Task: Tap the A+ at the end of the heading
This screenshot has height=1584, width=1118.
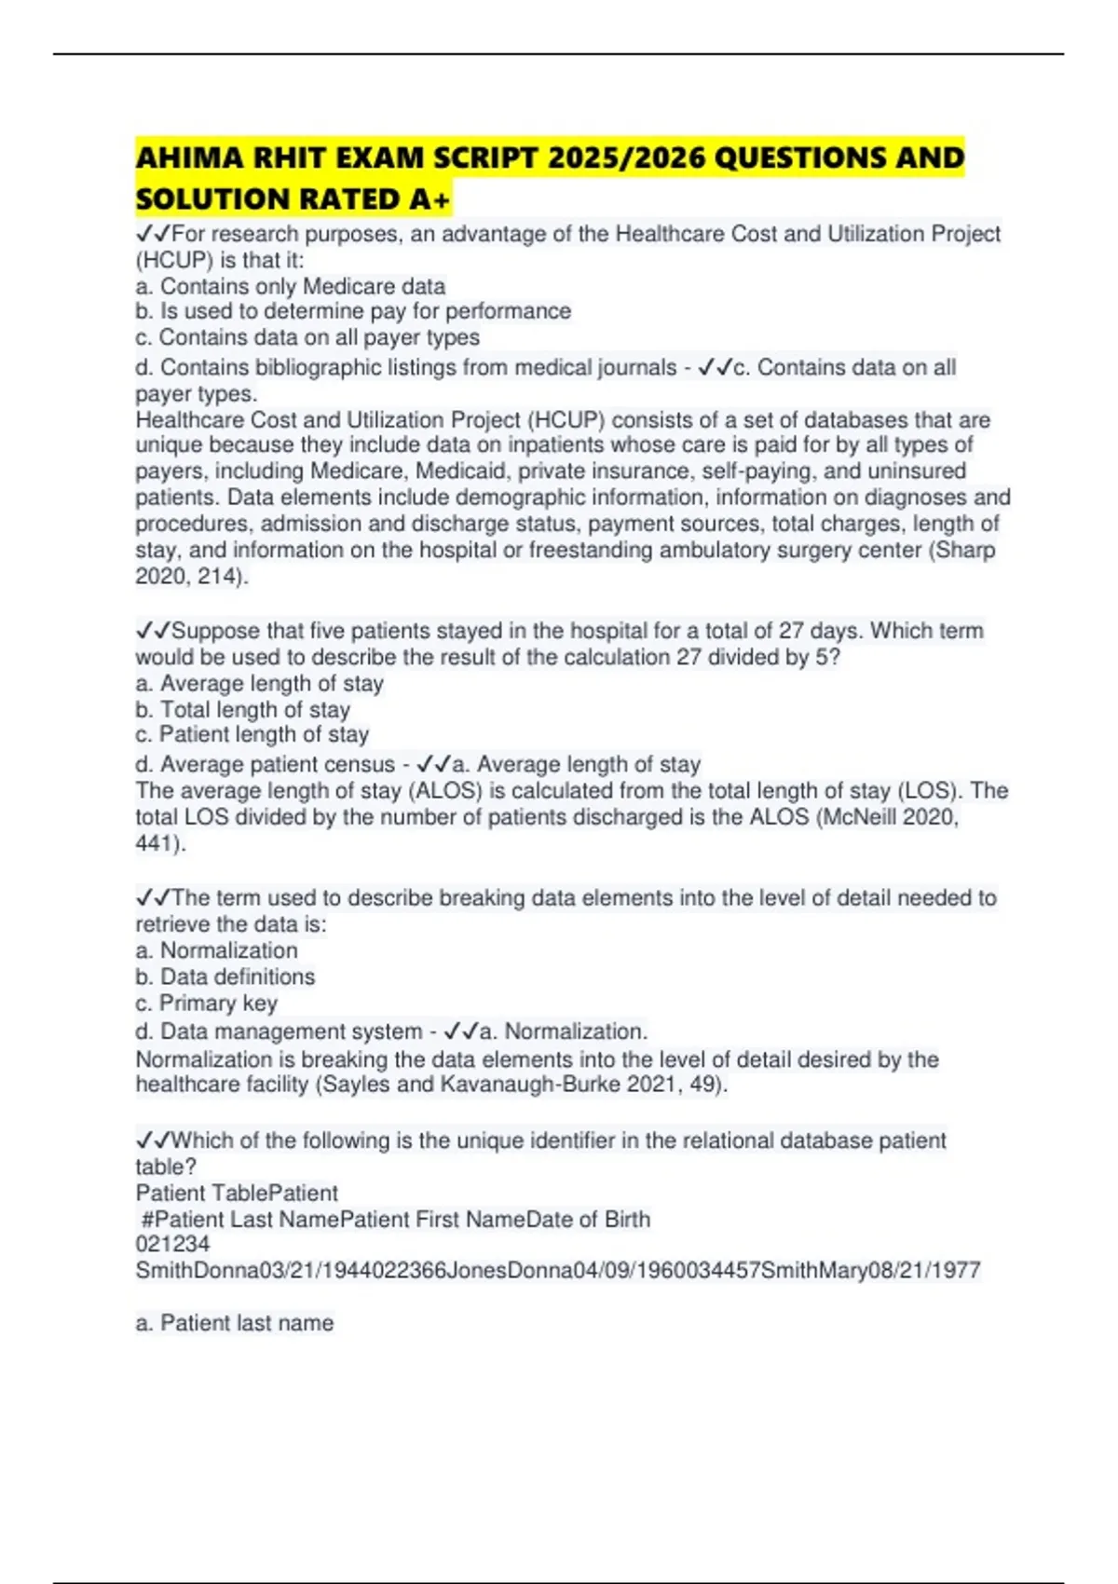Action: pyautogui.click(x=429, y=199)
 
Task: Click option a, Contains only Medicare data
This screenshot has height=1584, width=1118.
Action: pyautogui.click(x=291, y=286)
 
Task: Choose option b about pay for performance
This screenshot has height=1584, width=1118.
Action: pyautogui.click(x=353, y=311)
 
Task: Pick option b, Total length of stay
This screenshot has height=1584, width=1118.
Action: pyautogui.click(x=243, y=710)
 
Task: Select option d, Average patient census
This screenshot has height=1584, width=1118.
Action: pyautogui.click(x=266, y=765)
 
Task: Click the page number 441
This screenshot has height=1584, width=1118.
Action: pyautogui.click(x=157, y=843)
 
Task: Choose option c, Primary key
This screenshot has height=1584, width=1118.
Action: pyautogui.click(x=207, y=1004)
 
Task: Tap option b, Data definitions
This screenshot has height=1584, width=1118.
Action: pyautogui.click(x=225, y=976)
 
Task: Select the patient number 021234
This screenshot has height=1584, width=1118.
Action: pyautogui.click(x=172, y=1244)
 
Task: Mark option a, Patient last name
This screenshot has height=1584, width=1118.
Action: pyautogui.click(x=235, y=1323)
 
